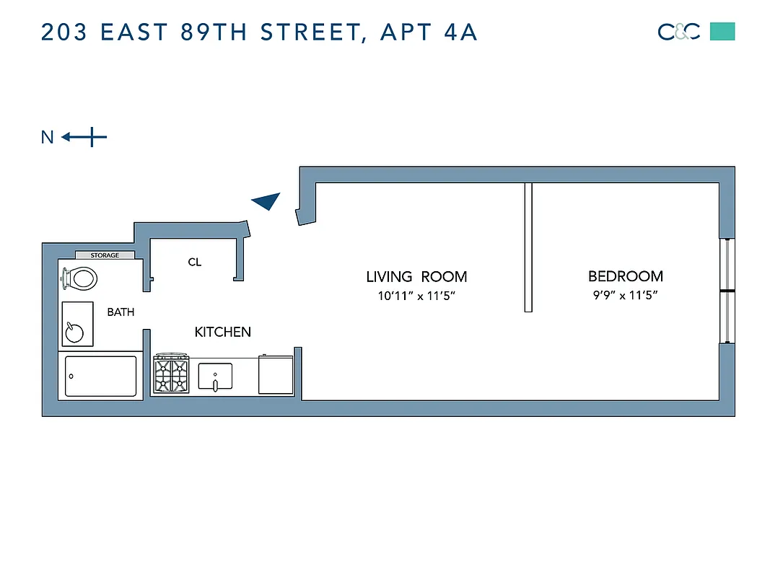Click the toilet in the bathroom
tap(80, 277)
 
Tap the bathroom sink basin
tap(75, 331)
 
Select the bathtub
tap(100, 376)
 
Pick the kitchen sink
tap(215, 375)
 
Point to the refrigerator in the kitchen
tap(275, 374)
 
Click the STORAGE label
tap(105, 255)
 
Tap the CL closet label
tap(194, 263)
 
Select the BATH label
tap(121, 312)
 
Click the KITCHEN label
tap(223, 332)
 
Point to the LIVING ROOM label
tap(416, 276)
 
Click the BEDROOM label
tap(625, 276)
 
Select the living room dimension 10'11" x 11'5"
tap(416, 295)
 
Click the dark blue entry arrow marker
tap(266, 202)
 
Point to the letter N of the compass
tap(48, 137)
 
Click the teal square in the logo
tap(722, 32)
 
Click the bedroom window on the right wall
tap(727, 291)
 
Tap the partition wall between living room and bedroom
tap(528, 247)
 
